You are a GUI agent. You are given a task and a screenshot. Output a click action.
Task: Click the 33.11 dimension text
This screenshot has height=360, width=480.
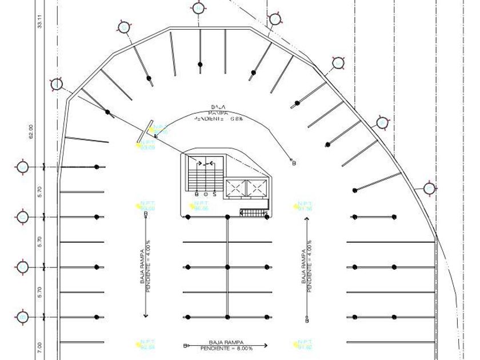tap(39, 22)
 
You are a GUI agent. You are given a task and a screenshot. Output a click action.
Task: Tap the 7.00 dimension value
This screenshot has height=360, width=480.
tap(39, 347)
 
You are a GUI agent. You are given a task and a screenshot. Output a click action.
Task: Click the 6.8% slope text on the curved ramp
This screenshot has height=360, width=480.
tap(219, 119)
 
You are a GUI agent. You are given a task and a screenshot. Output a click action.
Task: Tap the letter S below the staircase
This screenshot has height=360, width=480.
tap(214, 194)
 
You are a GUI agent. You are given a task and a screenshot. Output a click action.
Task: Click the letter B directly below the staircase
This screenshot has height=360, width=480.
tap(197, 194)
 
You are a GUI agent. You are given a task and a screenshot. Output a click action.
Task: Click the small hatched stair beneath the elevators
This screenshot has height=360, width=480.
tap(253, 213)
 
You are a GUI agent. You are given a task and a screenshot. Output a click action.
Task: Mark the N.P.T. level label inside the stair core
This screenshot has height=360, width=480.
tap(201, 206)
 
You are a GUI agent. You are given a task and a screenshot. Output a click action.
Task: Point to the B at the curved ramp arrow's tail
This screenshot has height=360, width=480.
tap(294, 163)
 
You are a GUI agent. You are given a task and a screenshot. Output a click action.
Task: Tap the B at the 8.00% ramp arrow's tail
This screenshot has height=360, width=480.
tap(185, 346)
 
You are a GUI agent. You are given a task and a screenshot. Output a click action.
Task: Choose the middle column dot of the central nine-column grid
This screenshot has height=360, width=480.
tap(227, 267)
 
